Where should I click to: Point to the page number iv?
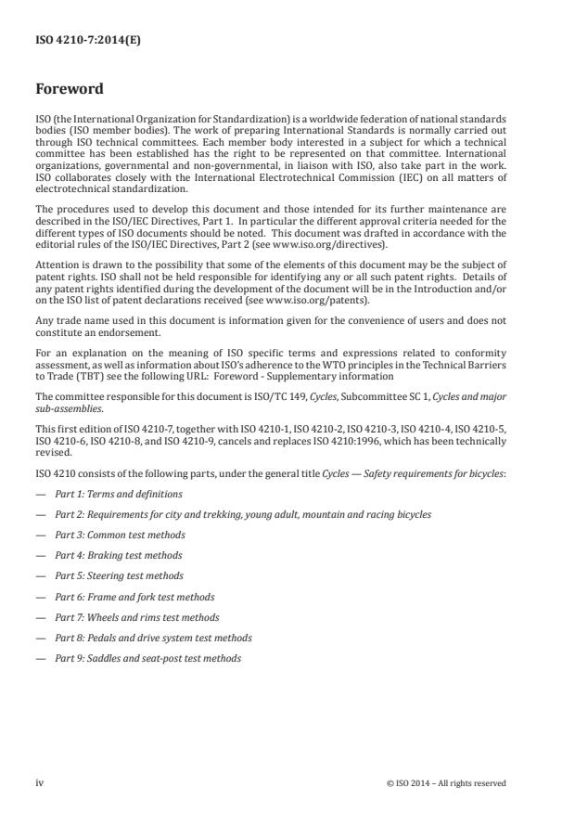tap(40, 783)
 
